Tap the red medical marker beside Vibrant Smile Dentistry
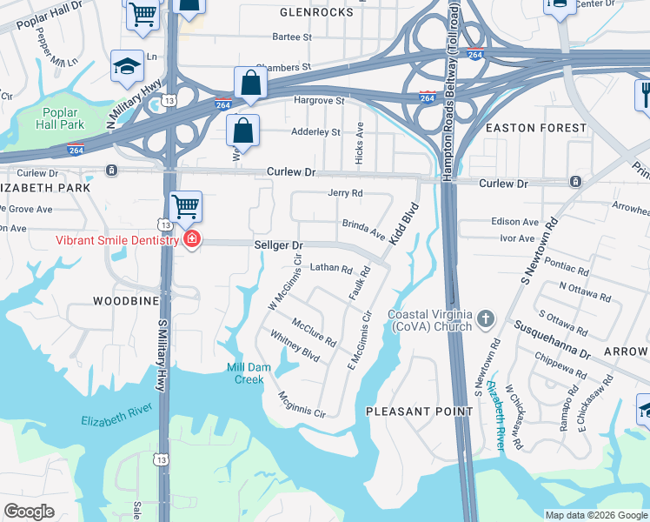click(x=191, y=239)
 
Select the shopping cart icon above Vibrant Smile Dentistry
click(x=184, y=207)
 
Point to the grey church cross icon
click(x=486, y=320)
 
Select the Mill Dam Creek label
click(x=249, y=373)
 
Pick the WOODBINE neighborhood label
click(x=127, y=300)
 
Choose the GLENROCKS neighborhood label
click(x=316, y=13)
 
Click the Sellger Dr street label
click(x=278, y=246)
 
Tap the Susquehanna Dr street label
click(x=552, y=340)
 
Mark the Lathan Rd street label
click(x=330, y=269)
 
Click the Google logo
click(x=29, y=512)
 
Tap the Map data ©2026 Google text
click(x=595, y=515)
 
